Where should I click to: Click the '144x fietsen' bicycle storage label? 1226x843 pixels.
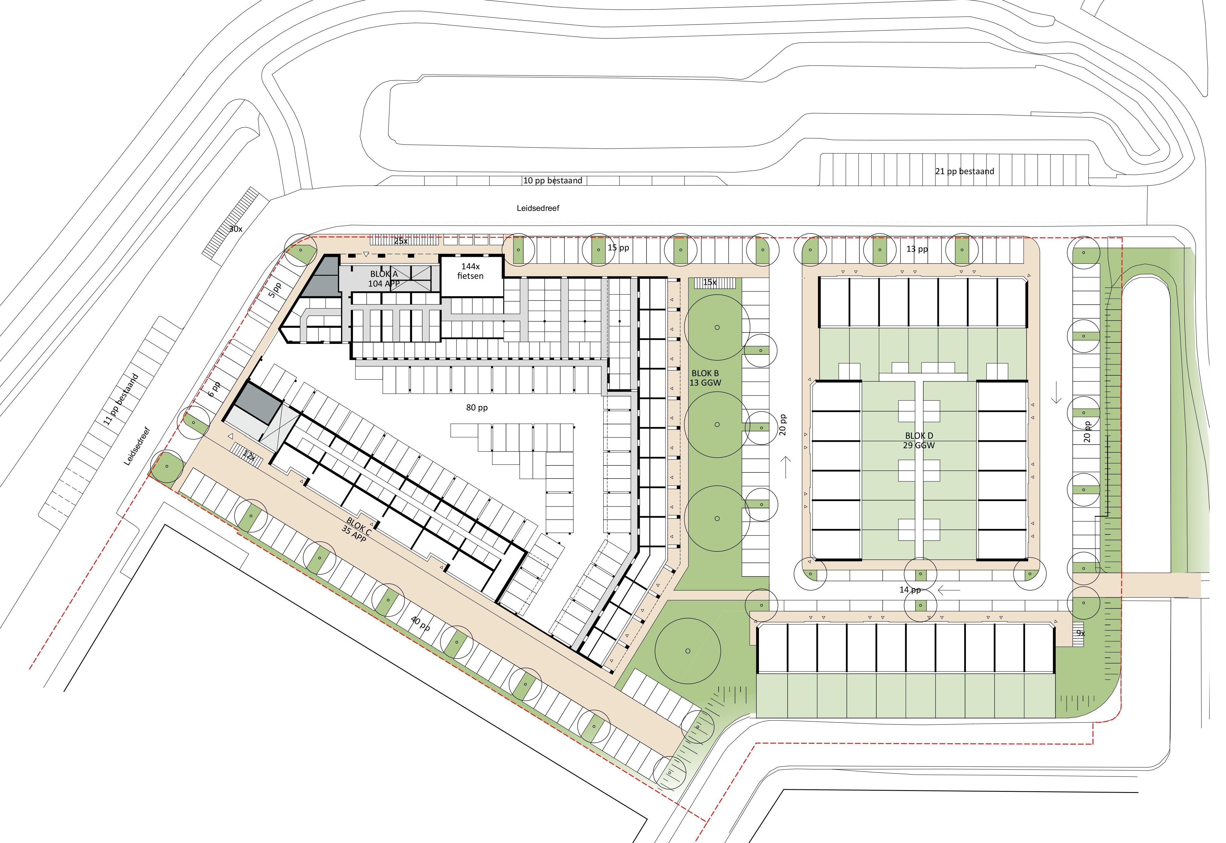pos(470,271)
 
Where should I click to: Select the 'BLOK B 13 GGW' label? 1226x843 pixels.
pos(705,378)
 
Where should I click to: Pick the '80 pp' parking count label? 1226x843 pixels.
pos(477,407)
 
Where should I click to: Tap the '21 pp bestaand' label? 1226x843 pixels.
pos(965,171)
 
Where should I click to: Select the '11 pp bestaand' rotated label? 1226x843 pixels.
pos(122,399)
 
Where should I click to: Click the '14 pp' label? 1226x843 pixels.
pos(910,590)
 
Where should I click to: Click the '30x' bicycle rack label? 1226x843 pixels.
pos(235,229)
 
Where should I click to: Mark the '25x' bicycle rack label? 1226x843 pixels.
pos(401,241)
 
